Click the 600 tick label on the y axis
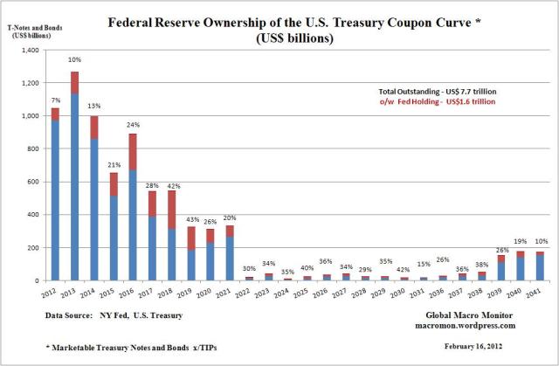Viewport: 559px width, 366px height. [34, 182]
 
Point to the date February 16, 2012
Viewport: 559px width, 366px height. [481, 349]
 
